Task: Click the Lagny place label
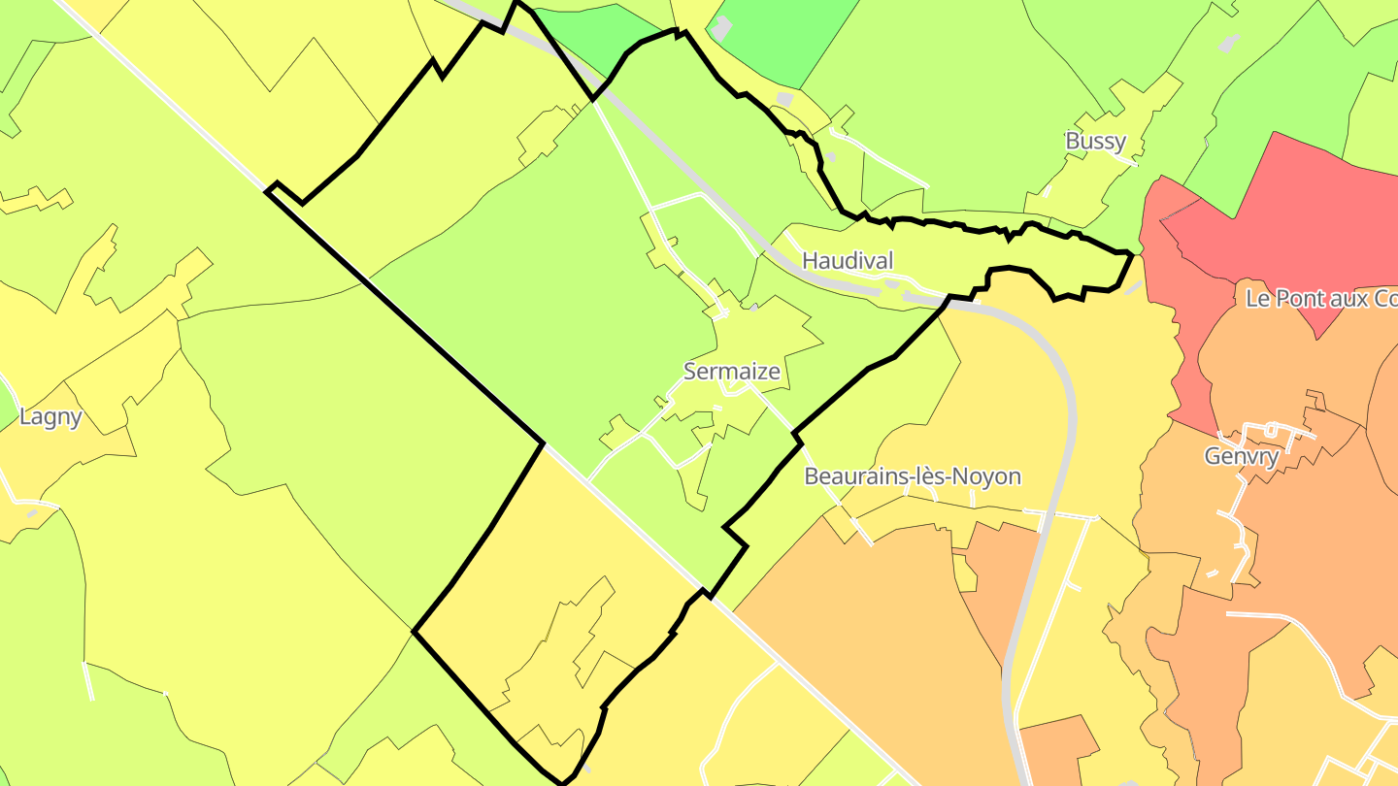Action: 50,417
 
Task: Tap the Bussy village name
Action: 1095,141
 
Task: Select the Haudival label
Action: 847,260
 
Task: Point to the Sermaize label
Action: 731,371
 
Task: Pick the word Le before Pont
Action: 1257,299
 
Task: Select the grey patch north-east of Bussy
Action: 1228,43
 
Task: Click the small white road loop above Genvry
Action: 1272,428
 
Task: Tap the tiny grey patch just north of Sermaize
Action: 754,307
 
